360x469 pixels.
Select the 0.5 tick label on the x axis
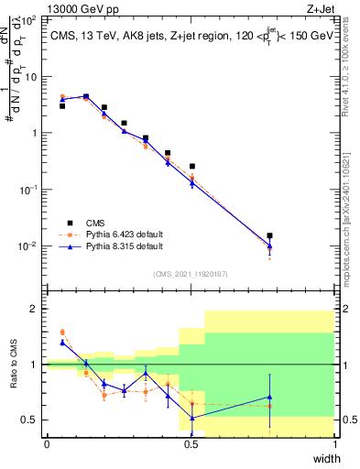pos(191,444)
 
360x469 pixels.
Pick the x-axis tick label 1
pos(335,444)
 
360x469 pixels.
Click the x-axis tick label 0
pos(47,444)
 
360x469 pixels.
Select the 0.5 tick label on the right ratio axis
pos(347,420)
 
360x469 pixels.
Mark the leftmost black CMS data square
pos(62,106)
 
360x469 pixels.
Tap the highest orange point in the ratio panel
pos(62,333)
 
